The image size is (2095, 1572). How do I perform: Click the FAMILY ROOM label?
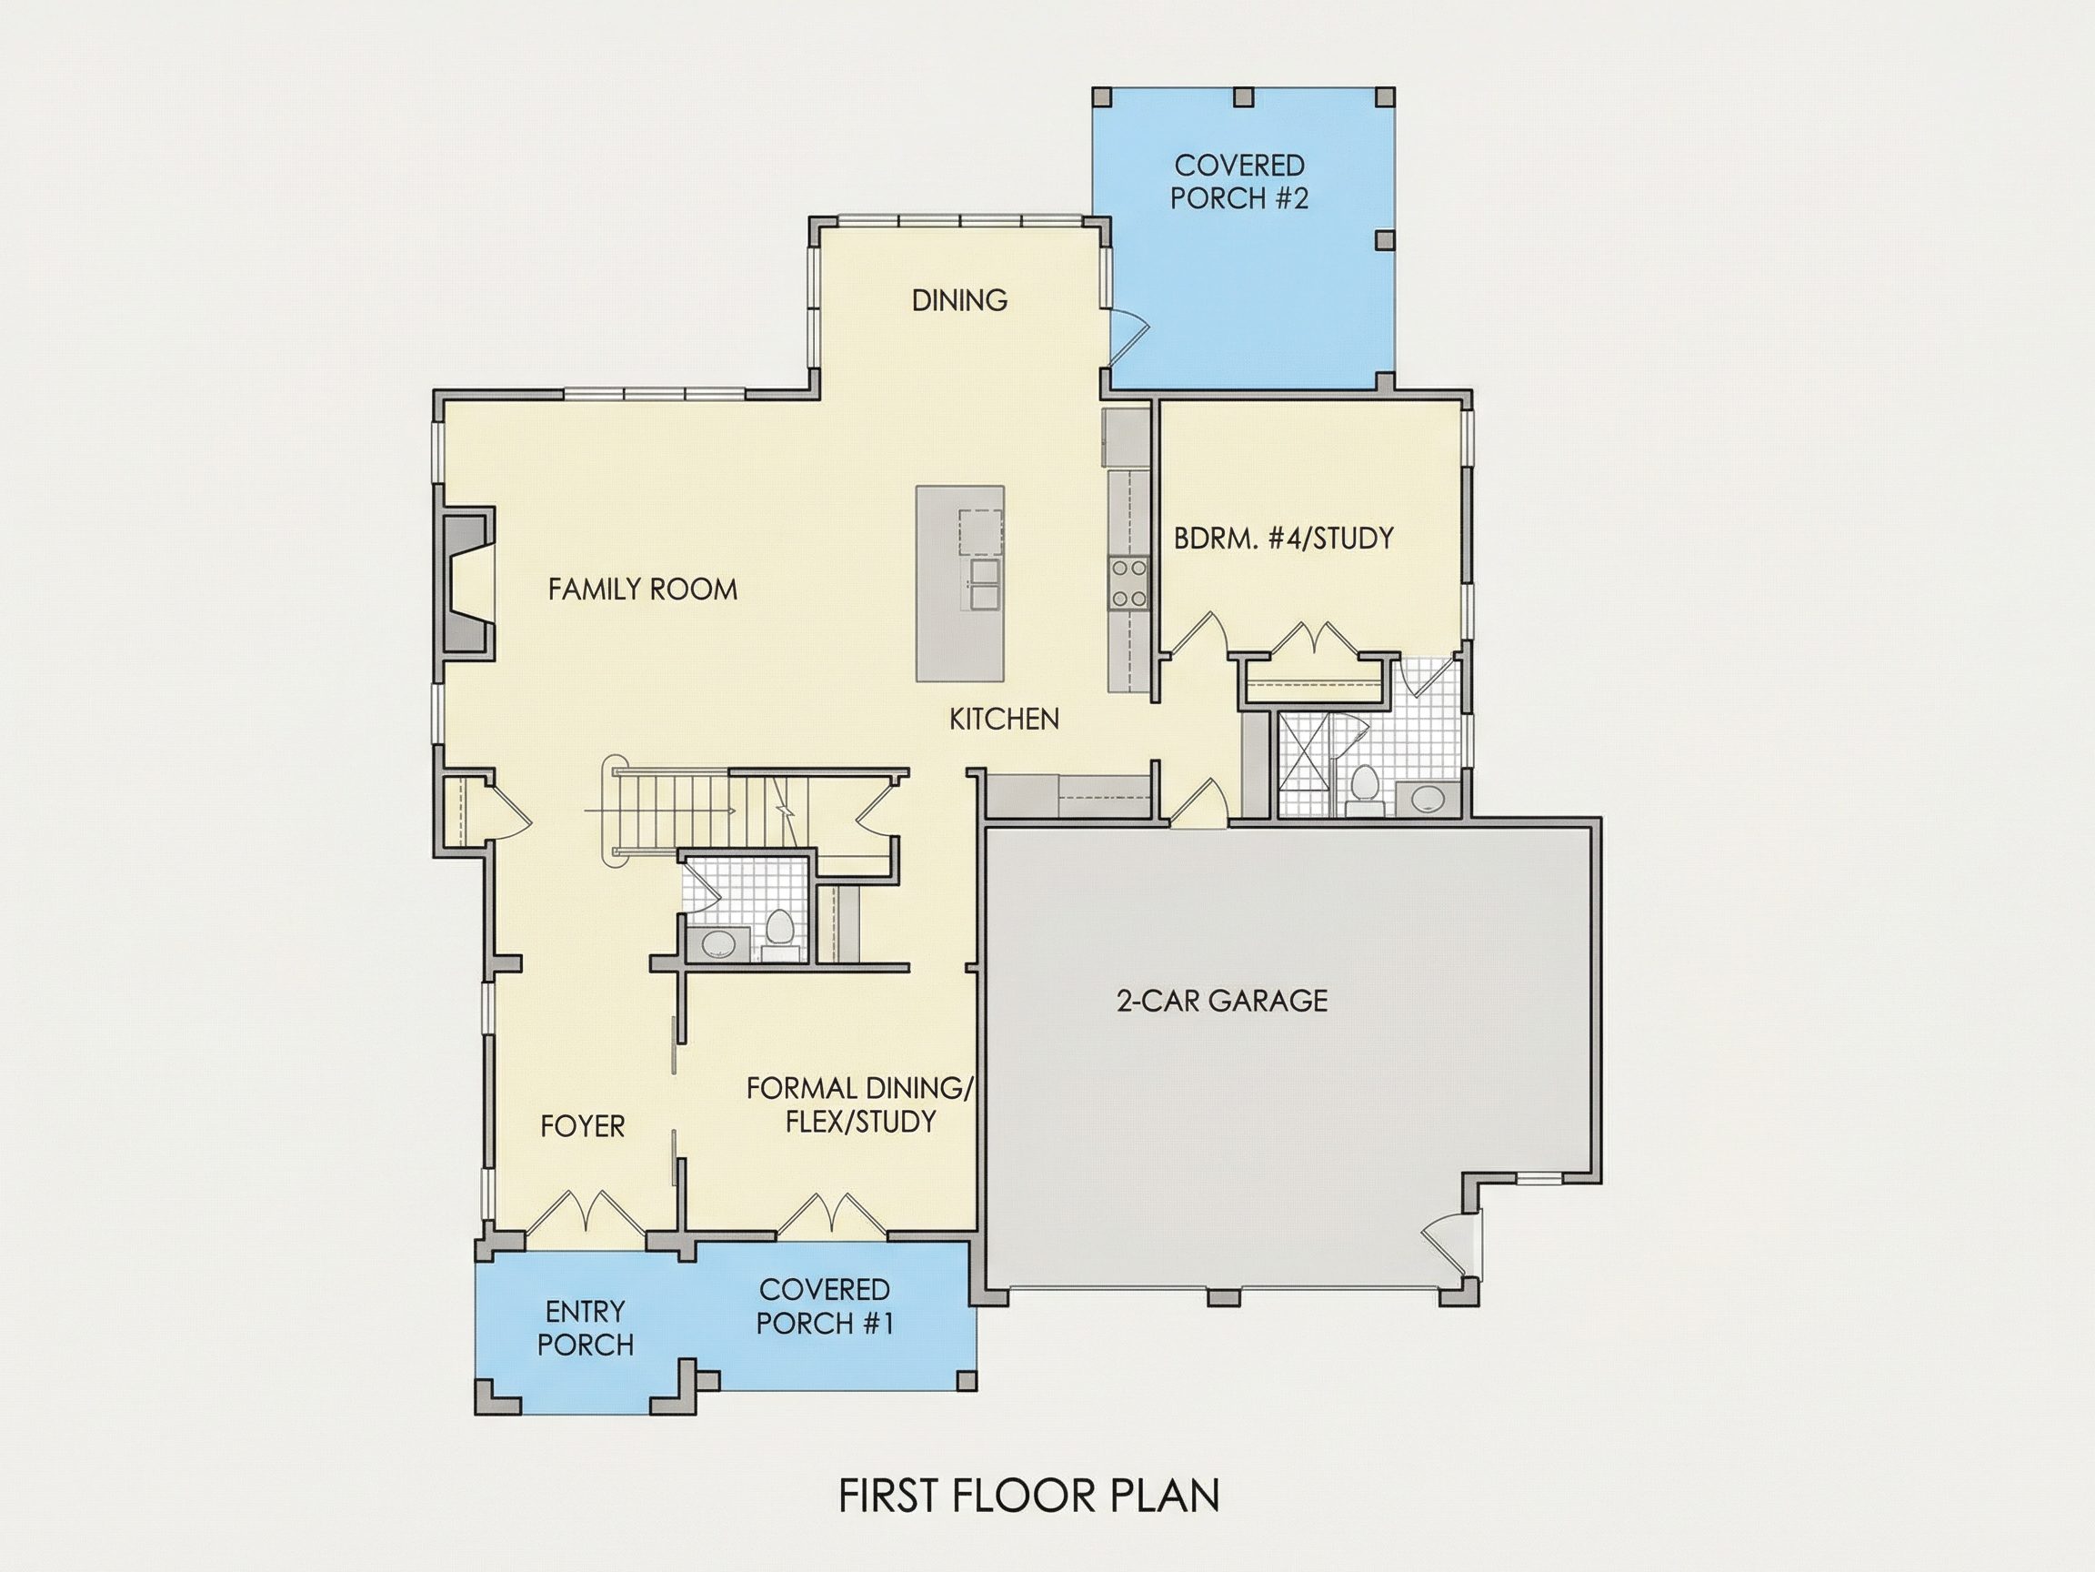(642, 589)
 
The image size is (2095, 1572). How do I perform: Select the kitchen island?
(959, 583)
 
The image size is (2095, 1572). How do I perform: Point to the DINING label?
(959, 300)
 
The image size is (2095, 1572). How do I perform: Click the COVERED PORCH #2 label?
(1238, 182)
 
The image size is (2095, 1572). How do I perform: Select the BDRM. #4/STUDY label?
(1283, 539)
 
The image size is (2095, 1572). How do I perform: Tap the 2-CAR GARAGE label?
(1222, 1001)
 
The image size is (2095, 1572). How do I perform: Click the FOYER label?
(583, 1126)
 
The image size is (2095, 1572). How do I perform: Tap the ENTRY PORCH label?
(586, 1328)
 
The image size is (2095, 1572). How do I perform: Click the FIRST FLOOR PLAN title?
(1029, 1496)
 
